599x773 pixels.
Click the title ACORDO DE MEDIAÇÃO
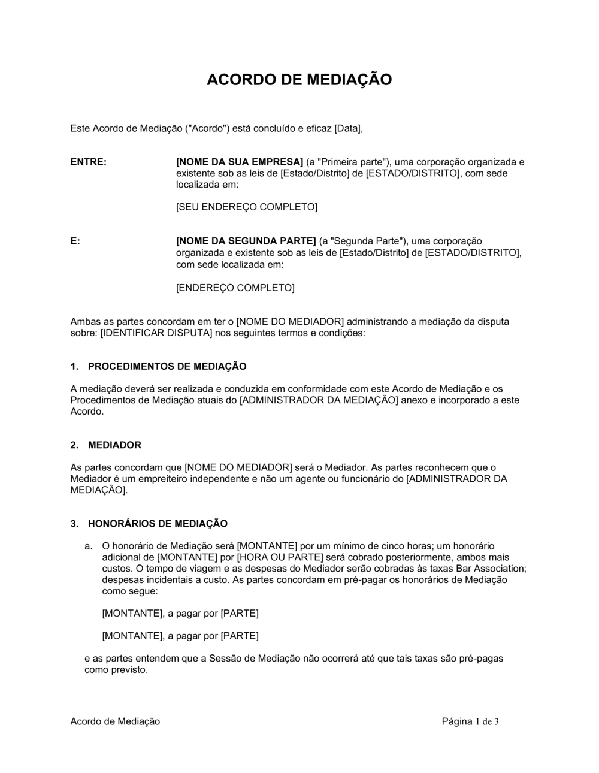click(x=299, y=80)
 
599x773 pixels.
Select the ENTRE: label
click(x=89, y=162)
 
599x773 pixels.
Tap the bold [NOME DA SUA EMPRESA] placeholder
click(x=240, y=162)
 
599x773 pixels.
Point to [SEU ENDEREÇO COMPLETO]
click(x=246, y=207)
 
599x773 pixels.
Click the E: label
click(x=75, y=241)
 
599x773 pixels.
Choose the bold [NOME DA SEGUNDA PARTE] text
click(x=246, y=241)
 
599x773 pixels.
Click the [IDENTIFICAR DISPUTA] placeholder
click(x=156, y=333)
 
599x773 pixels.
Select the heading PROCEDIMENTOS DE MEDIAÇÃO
click(x=167, y=366)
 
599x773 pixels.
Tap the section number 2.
click(x=74, y=445)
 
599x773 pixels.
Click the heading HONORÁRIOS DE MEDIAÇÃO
click(x=158, y=524)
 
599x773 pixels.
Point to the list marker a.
click(x=88, y=546)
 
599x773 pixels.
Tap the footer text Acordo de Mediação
click(x=115, y=721)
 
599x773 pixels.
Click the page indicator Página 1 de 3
click(x=470, y=721)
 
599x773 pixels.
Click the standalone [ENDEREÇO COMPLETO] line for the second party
click(x=235, y=288)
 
